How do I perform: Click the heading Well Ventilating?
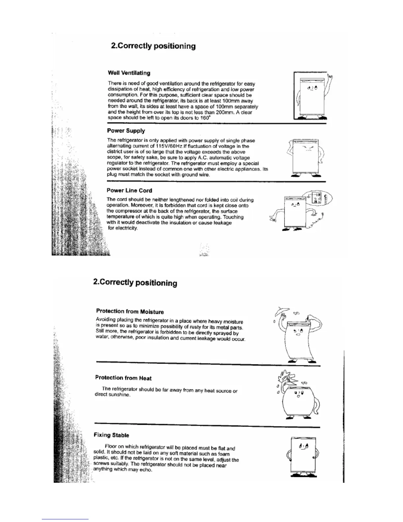(x=129, y=73)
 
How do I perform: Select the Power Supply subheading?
(x=126, y=131)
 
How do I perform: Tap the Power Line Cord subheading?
(x=129, y=190)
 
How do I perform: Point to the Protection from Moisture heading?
(x=130, y=311)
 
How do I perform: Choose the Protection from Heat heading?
(x=123, y=378)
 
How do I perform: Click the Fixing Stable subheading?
(x=111, y=435)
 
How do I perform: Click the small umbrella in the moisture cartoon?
(x=283, y=310)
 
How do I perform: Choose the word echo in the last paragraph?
(x=146, y=470)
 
